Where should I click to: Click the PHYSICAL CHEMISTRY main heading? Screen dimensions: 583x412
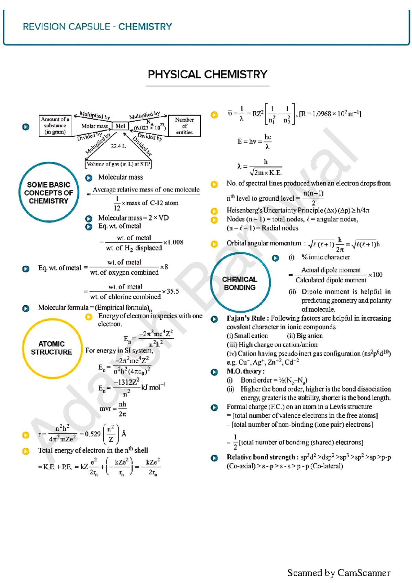[x=207, y=75]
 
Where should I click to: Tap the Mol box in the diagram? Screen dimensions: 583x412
[x=120, y=126]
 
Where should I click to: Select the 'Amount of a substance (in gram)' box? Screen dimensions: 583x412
[x=55, y=126]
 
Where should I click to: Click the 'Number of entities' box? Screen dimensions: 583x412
[x=184, y=126]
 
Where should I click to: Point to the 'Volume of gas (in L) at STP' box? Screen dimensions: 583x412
[x=118, y=164]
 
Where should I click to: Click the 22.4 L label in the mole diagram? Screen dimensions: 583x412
[x=118, y=146]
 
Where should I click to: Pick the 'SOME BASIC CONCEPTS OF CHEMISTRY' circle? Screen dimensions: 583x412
[x=49, y=193]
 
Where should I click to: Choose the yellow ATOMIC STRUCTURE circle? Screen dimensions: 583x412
[x=52, y=348]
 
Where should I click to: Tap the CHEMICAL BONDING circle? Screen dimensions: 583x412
[x=240, y=283]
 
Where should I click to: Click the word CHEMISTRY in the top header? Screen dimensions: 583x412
[x=145, y=27]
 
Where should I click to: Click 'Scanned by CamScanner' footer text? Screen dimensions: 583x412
[x=339, y=573]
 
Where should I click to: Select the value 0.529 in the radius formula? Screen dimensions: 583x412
[x=93, y=434]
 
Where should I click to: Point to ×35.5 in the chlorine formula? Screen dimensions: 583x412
[x=171, y=291]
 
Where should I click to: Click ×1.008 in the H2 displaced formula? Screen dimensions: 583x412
[x=173, y=242]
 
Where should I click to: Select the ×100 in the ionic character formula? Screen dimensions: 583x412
[x=375, y=275]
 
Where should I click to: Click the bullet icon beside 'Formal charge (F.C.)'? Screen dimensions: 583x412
[x=214, y=408]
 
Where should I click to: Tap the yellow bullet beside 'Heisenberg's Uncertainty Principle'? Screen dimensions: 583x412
[x=214, y=211]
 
